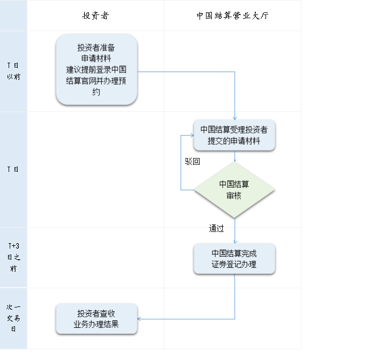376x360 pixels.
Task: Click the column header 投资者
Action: tap(95, 16)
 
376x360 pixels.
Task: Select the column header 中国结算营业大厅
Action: tap(232, 16)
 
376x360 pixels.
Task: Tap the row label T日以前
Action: tap(13, 71)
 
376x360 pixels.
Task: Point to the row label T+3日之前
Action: tap(13, 257)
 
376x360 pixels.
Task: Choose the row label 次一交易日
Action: tap(13, 318)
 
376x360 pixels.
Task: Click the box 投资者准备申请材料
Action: tap(97, 70)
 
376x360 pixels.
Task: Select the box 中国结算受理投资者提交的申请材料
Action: tap(234, 135)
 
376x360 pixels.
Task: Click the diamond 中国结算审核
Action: tap(234, 190)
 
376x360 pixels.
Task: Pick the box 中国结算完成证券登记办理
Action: tap(234, 259)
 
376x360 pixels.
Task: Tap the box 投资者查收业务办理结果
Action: tap(97, 319)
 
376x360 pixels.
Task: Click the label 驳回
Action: tap(193, 161)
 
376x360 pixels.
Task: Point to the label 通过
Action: tap(216, 229)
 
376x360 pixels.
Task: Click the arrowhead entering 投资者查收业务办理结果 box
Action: tap(139, 319)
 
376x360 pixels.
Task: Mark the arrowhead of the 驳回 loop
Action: tap(193, 136)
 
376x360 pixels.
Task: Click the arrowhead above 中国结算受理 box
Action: tap(235, 118)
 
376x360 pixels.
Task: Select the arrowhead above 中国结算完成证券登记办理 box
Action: tap(235, 242)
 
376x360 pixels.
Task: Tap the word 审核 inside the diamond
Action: tap(234, 196)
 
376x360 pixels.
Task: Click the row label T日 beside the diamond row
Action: tap(13, 169)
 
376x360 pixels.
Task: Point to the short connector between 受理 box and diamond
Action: tap(235, 156)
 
